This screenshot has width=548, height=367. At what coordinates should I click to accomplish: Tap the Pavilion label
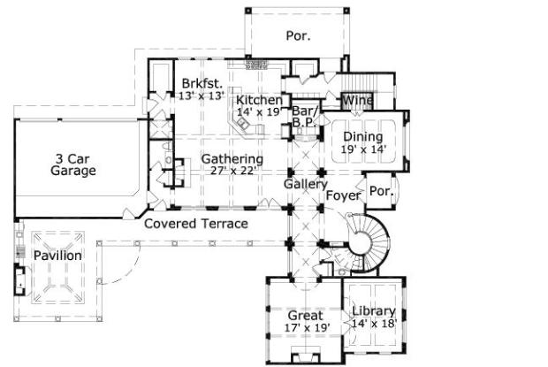coord(57,256)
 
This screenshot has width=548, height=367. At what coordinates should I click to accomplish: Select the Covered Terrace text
coord(195,224)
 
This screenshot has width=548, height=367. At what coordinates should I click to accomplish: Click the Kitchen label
coord(259,101)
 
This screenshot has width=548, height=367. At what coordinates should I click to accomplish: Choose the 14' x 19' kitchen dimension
coord(259,112)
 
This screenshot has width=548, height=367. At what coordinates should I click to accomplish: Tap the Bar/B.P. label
coord(305,117)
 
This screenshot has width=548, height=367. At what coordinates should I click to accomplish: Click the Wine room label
coord(357,101)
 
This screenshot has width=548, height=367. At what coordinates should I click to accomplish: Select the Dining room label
coord(362,137)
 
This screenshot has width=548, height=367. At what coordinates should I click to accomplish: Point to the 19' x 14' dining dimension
coord(362,149)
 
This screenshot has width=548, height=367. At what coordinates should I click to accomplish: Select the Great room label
coord(306,316)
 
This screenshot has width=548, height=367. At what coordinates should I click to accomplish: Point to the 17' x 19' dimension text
coord(306,328)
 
